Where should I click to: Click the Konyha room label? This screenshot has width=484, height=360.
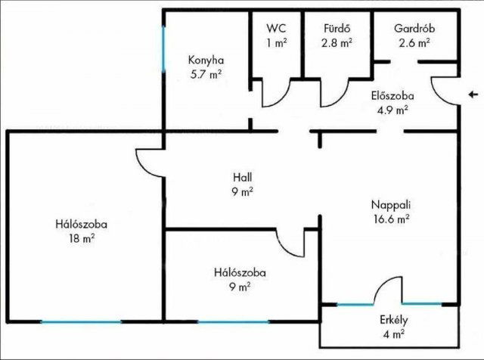pos(206,61)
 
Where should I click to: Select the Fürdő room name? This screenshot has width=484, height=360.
pos(337,29)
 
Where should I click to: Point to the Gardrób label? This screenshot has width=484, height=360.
pos(414,29)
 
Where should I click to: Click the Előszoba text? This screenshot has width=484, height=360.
pos(392,96)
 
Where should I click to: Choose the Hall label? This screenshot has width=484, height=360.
pos(242,178)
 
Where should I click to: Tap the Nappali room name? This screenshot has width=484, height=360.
pos(390,204)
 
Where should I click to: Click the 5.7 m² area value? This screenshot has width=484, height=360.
pos(206,74)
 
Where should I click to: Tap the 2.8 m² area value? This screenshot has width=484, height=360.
pos(337,43)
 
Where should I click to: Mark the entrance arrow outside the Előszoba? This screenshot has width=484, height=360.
pos(472,95)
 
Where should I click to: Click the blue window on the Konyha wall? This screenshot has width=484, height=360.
pos(163,49)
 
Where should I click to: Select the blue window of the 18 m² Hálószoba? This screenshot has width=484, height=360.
pos(81,322)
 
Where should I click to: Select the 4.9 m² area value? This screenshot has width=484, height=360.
pos(392,110)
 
